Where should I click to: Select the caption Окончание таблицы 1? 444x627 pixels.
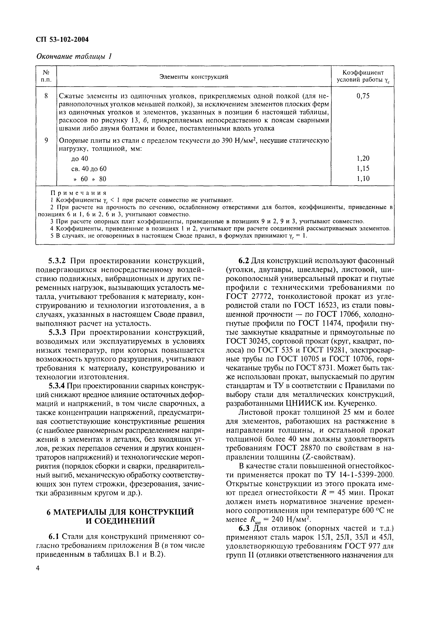74,56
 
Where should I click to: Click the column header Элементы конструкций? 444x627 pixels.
194,77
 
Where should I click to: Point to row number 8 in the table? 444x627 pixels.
46,96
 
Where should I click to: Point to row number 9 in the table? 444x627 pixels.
46,140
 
